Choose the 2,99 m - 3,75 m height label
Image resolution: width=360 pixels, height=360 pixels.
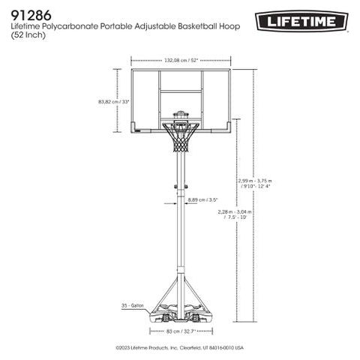(252, 183)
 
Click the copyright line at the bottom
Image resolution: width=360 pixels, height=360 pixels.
(180, 348)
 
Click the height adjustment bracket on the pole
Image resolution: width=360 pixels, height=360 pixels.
(180, 187)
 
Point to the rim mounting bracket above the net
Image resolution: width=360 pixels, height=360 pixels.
(181, 118)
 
